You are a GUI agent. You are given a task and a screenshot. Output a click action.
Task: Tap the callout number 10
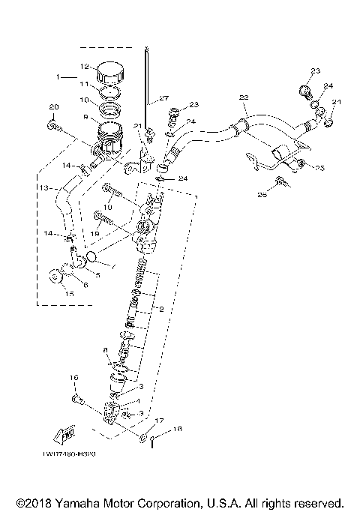coord(85,100)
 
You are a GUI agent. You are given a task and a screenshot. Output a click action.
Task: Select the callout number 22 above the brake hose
coord(243,97)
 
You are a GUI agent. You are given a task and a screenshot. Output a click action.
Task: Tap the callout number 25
coord(319,168)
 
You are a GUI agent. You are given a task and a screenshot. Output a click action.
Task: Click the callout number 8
coord(106,349)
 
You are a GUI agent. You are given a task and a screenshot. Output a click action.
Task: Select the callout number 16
coord(74,377)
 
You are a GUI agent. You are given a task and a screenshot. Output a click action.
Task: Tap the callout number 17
coord(157,421)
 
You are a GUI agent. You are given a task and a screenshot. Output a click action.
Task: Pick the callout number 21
coord(137,125)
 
